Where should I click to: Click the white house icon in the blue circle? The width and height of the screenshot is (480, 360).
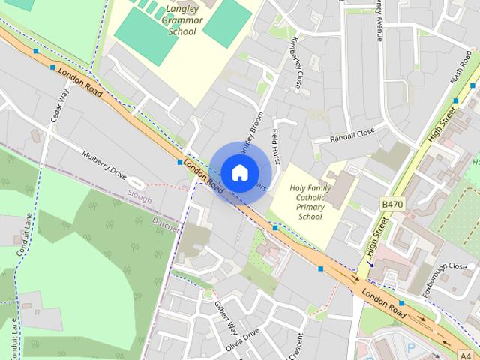point(239,172)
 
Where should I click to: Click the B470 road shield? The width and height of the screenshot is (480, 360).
point(391,204)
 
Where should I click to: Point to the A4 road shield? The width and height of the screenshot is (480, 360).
point(466,354)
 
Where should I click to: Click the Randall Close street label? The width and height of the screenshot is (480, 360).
point(352,136)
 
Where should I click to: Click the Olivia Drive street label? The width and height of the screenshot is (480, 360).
point(242,338)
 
